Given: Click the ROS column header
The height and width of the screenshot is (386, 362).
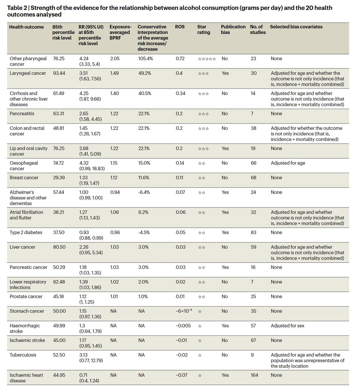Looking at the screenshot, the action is click(180, 27).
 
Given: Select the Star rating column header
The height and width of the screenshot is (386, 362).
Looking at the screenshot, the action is click(203, 30).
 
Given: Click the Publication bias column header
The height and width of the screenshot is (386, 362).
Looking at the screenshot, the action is click(233, 30).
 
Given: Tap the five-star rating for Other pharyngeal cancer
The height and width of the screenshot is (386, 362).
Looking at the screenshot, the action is click(207, 59).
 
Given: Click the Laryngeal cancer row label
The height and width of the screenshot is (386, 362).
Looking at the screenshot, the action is click(28, 73).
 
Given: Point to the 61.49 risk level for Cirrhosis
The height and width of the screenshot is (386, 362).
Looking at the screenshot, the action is click(59, 94).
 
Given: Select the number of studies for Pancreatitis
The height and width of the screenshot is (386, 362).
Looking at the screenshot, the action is click(252, 114).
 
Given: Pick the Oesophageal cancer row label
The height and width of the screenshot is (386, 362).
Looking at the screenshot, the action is click(24, 166).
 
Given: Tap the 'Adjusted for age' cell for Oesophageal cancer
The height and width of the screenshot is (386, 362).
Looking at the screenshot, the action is click(288, 163).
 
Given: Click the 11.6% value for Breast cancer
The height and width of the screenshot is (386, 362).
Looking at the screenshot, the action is click(144, 178).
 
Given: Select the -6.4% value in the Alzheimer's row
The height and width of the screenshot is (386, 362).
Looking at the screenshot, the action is click(144, 192).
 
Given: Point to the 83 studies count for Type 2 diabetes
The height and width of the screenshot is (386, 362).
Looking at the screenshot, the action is click(254, 233).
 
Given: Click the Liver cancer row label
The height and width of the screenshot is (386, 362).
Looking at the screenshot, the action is click(23, 247).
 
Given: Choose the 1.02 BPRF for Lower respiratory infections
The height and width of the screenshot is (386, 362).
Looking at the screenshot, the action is click(114, 282).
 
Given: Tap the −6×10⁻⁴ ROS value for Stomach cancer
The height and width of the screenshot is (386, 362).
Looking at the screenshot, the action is click(184, 311).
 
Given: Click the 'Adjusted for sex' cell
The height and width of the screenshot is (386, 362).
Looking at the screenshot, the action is click(287, 326).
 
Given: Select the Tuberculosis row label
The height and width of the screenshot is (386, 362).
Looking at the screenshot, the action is click(23, 355).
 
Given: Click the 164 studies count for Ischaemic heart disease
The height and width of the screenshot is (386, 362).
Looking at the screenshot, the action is click(254, 375).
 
